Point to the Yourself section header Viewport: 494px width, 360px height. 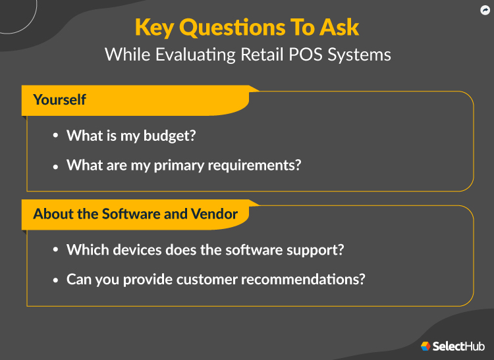(x=60, y=100)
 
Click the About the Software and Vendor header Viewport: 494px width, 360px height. (x=136, y=214)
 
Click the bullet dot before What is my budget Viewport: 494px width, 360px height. (x=55, y=136)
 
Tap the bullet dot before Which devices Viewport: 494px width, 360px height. (x=55, y=250)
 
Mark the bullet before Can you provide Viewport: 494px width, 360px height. (x=55, y=279)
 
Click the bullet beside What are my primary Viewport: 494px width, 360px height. (x=55, y=165)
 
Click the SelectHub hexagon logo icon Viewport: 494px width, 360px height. (x=425, y=346)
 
